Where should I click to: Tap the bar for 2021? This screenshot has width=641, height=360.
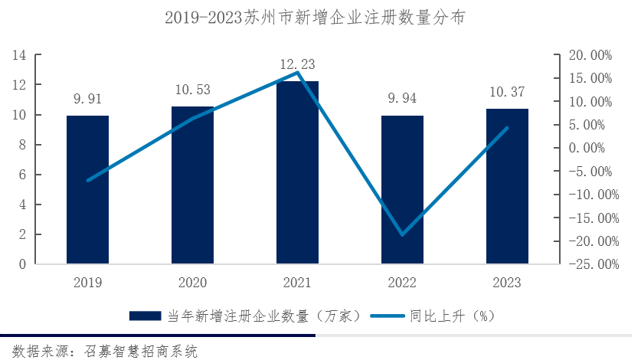(x=297, y=173)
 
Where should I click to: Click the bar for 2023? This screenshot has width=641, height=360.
(x=507, y=187)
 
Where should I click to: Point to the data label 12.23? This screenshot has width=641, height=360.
(x=297, y=64)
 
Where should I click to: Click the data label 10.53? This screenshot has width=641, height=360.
(x=192, y=90)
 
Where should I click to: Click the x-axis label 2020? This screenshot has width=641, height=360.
(x=192, y=283)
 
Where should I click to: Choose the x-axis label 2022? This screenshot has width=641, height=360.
(x=402, y=283)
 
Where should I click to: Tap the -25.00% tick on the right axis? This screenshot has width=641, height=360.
(x=588, y=264)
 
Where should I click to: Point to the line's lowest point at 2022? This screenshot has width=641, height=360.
(x=401, y=234)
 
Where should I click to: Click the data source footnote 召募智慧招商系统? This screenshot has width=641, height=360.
(x=100, y=351)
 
